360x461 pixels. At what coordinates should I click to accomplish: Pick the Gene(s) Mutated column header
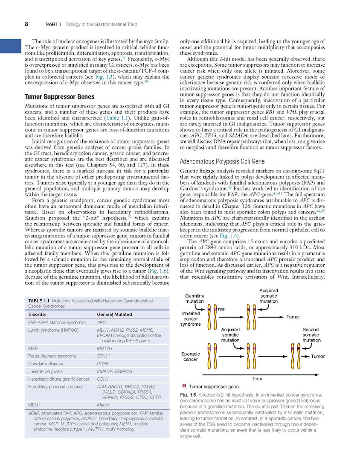click(x=114, y=315)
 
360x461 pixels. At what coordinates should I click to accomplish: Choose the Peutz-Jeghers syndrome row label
click(x=52, y=356)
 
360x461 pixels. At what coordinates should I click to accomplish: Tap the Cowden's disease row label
click(x=45, y=364)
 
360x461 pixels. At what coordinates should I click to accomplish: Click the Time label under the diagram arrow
click(x=257, y=379)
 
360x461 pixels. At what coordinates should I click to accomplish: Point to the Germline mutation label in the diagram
click(x=195, y=298)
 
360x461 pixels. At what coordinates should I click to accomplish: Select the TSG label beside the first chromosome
click(x=221, y=309)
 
